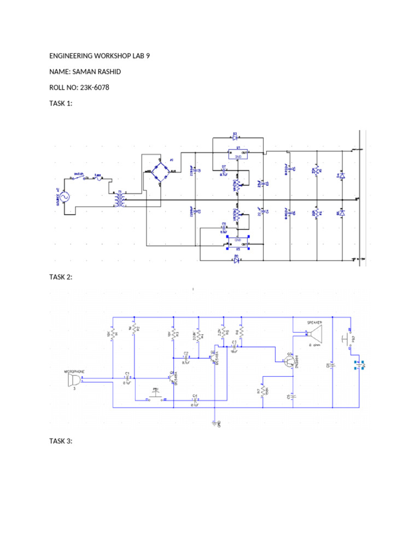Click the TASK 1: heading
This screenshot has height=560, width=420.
61,103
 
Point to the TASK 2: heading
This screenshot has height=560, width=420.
61,277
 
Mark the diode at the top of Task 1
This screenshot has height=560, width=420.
236,137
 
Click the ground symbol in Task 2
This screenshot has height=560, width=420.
215,422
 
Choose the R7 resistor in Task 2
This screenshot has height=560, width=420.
264,392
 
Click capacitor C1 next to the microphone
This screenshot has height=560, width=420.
127,377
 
